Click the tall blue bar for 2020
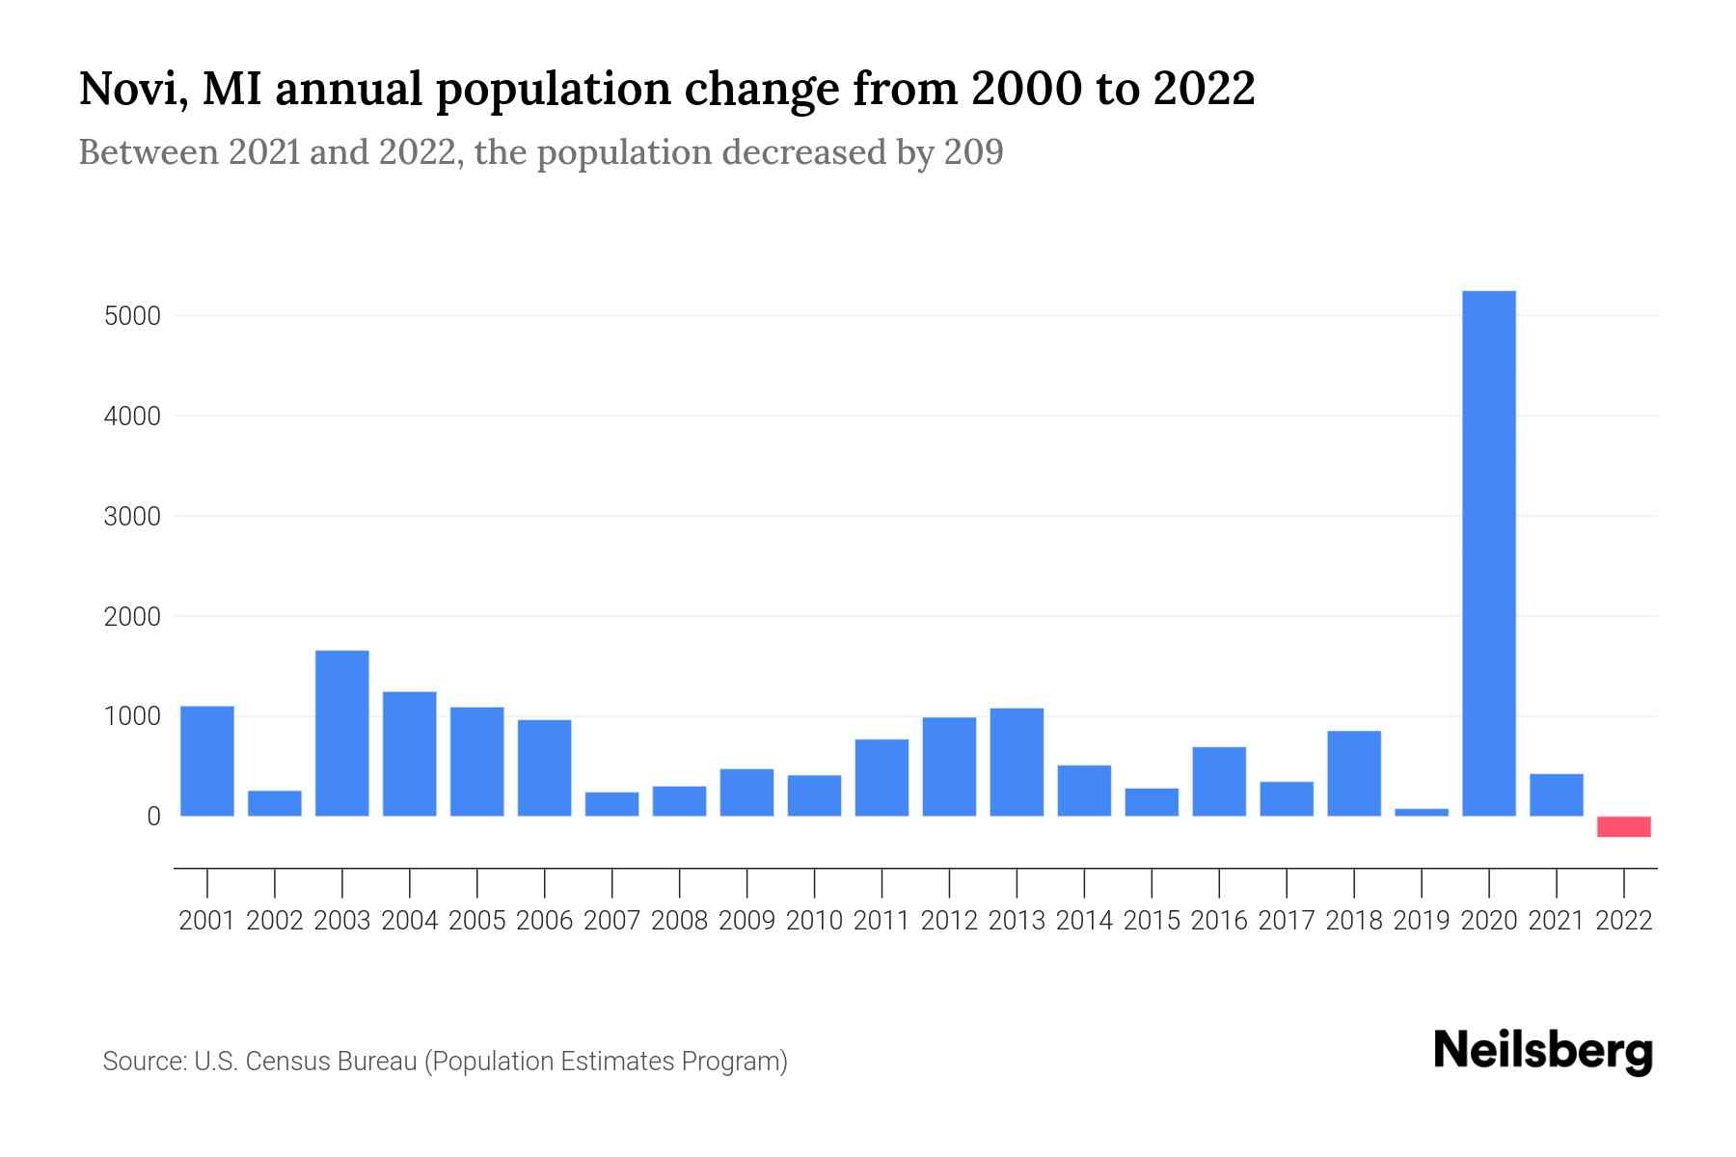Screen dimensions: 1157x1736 [x=1488, y=553]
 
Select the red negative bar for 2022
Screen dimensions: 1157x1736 [x=1623, y=826]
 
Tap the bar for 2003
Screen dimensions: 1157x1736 [x=342, y=733]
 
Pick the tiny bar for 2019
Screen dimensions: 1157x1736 [x=1421, y=812]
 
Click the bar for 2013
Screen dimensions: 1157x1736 [x=1017, y=762]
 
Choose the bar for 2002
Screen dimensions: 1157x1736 [x=275, y=803]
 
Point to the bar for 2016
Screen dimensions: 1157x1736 [x=1219, y=781]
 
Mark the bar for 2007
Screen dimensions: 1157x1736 [x=611, y=804]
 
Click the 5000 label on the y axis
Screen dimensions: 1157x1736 [x=132, y=316]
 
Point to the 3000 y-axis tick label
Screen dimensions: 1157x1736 [x=132, y=517]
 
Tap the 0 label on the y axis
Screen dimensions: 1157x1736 [x=153, y=817]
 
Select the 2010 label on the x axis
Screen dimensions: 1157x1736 [x=814, y=921]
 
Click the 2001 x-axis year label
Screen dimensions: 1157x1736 [x=207, y=921]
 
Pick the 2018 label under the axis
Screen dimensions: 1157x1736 [x=1353, y=921]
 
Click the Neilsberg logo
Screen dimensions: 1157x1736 [x=1543, y=1051]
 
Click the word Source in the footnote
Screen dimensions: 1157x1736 [x=144, y=1062]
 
